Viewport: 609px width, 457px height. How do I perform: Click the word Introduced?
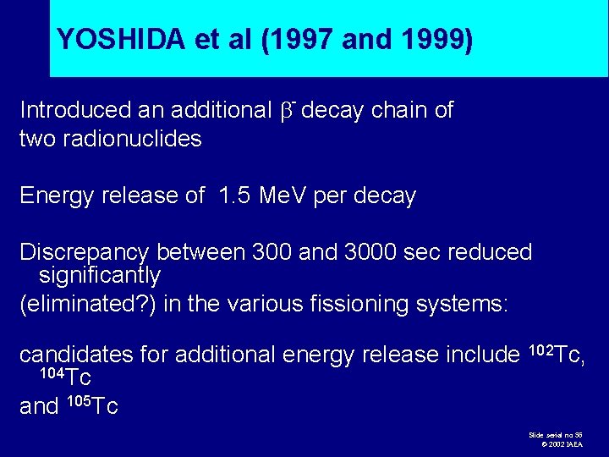[75, 110]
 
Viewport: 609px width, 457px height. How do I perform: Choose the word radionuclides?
[140, 139]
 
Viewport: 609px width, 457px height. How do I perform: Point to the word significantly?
[100, 275]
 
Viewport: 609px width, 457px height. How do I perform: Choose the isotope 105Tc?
[91, 406]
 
